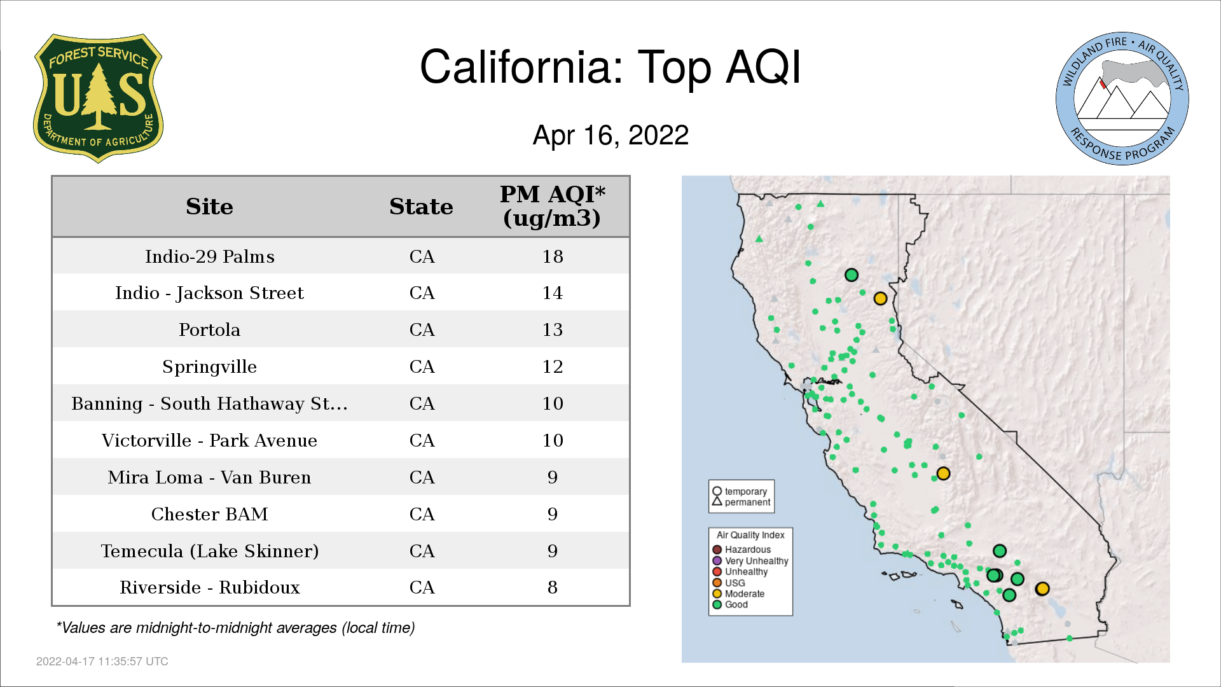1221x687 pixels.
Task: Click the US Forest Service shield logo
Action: [98, 98]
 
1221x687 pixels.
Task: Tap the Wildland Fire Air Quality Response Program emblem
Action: [1122, 99]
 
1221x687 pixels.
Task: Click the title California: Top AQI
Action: [610, 67]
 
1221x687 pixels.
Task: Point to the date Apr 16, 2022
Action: [610, 135]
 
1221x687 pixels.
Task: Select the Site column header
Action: [209, 207]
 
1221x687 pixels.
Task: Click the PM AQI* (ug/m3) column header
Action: [552, 206]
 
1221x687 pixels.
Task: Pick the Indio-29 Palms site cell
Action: [209, 256]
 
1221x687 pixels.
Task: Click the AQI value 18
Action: [553, 256]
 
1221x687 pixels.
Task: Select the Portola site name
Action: [209, 330]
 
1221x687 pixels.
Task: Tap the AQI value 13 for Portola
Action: [553, 330]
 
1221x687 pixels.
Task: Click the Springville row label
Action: [209, 367]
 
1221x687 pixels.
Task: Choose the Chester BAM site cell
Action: [209, 514]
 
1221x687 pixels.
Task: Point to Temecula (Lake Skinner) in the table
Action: [209, 551]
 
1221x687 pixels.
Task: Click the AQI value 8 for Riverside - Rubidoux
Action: [553, 587]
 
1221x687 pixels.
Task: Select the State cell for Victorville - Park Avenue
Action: [422, 440]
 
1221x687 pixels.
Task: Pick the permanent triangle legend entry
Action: [742, 502]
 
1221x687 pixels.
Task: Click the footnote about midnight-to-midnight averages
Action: [235, 628]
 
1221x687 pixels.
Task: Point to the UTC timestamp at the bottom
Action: [102, 662]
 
